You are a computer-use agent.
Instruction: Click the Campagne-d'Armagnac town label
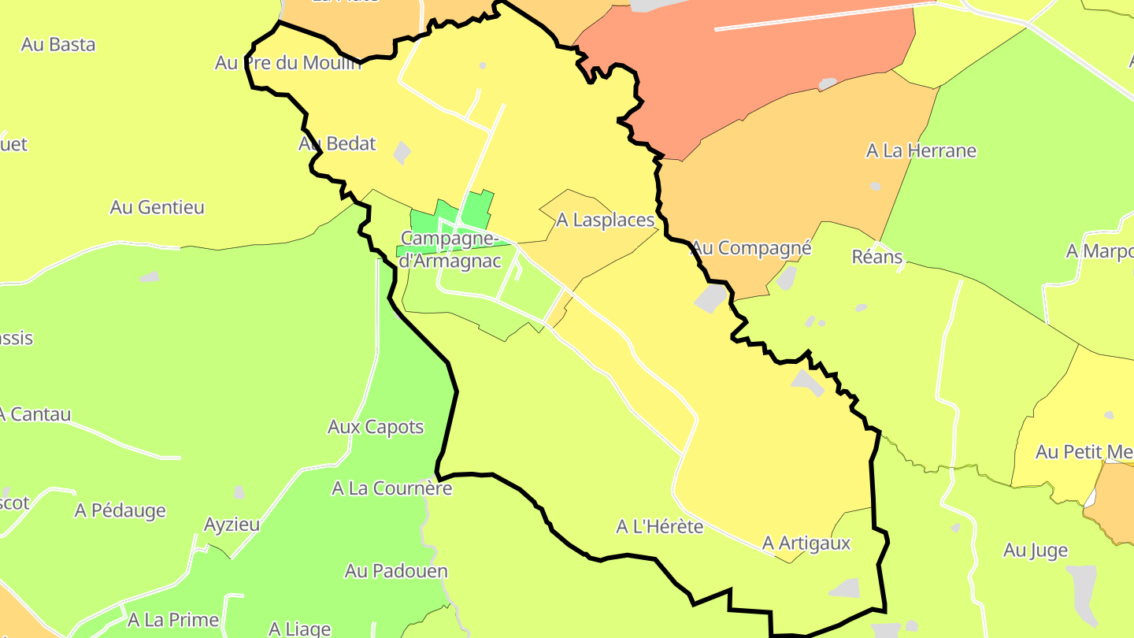click(x=449, y=248)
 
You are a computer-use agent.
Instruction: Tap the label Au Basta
click(x=58, y=45)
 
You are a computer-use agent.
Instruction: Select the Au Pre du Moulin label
click(x=288, y=63)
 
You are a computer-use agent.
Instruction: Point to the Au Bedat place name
click(x=337, y=144)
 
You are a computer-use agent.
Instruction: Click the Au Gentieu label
click(x=157, y=208)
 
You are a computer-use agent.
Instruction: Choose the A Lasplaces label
click(x=606, y=221)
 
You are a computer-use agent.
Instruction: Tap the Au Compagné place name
click(x=751, y=248)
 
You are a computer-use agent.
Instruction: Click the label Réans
click(x=877, y=257)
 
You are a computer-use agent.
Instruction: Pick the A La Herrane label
click(x=921, y=150)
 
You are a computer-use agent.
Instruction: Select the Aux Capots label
click(x=376, y=428)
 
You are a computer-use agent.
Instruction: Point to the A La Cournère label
click(x=391, y=488)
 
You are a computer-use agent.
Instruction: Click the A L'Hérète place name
click(x=659, y=526)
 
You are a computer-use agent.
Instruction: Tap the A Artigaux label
click(x=806, y=543)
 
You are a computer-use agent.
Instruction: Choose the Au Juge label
click(x=1035, y=551)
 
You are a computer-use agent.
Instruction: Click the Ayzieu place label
click(x=232, y=525)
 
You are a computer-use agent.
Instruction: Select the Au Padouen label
click(x=396, y=571)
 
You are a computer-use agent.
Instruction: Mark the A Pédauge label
click(x=120, y=510)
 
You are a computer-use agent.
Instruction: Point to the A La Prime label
click(x=172, y=620)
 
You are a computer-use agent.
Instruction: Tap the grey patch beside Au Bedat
click(x=402, y=152)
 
